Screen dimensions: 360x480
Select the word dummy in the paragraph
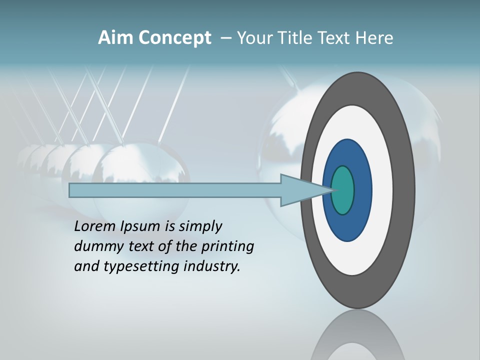[x=95, y=246]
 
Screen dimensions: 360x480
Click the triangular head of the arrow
[x=300, y=190]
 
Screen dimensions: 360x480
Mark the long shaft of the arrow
[x=175, y=190]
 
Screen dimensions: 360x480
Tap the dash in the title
[x=225, y=38]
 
